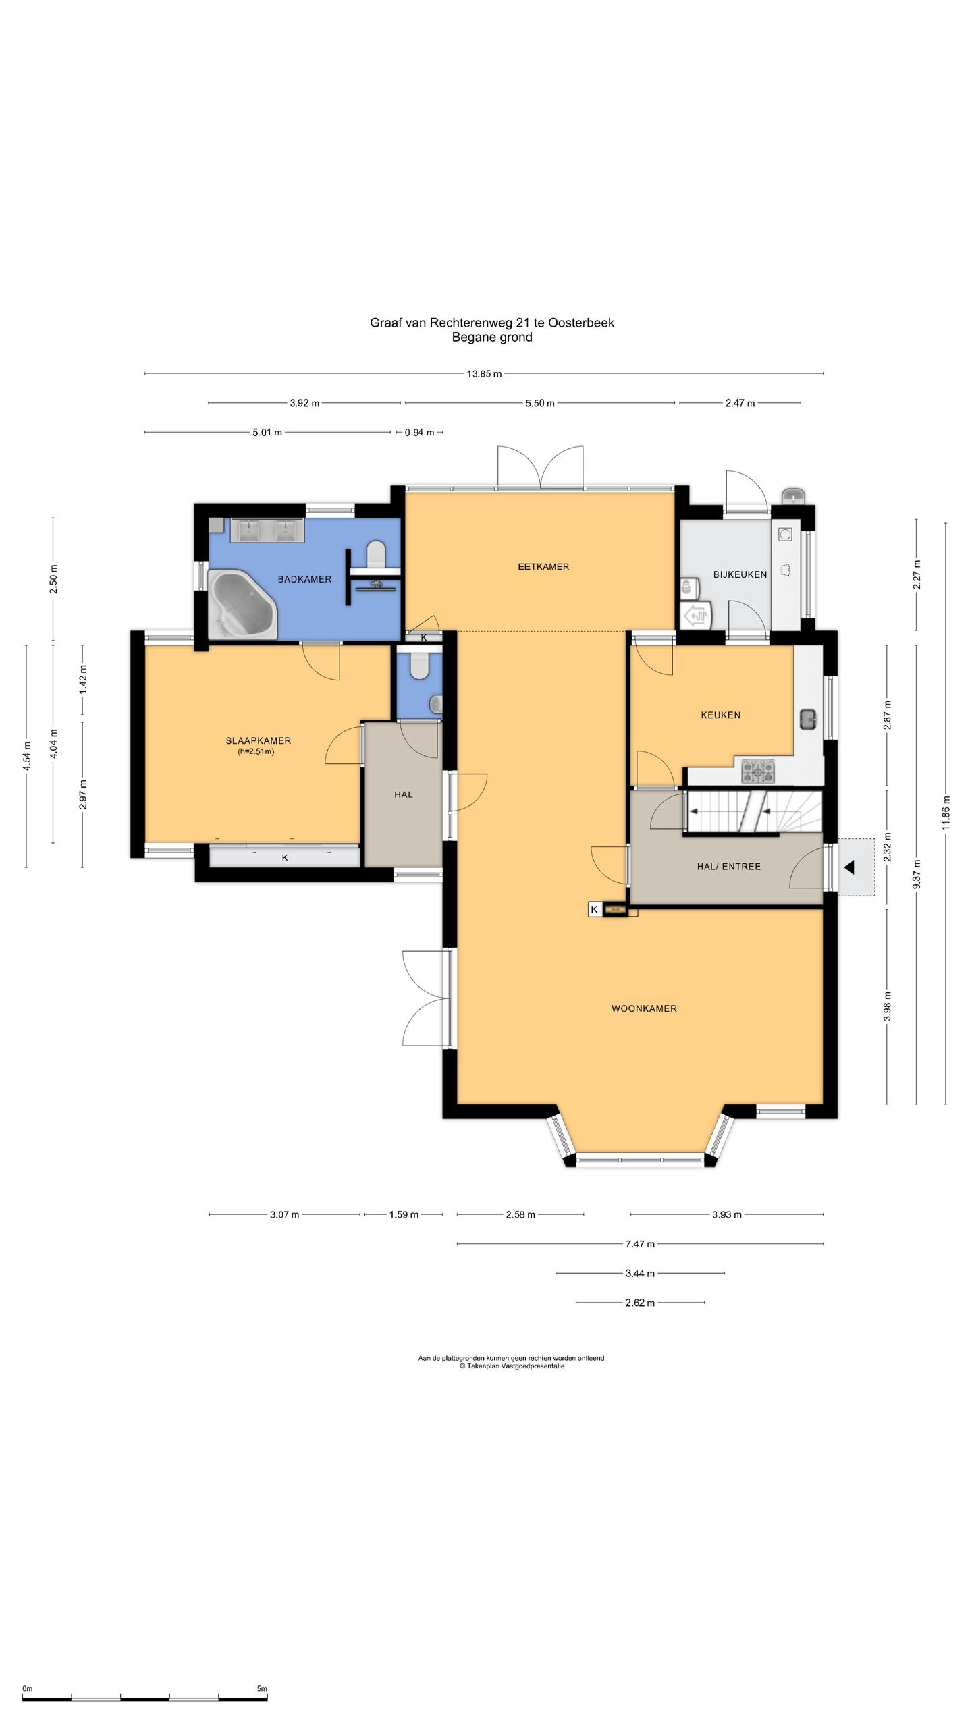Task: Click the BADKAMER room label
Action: (x=304, y=579)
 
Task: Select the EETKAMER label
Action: (x=543, y=566)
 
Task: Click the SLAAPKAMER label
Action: (x=259, y=740)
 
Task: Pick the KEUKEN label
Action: (x=720, y=715)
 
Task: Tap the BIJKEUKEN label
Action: (x=740, y=574)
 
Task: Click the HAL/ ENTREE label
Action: (x=729, y=867)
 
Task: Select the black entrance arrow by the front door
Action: (x=849, y=867)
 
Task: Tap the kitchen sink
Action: (x=809, y=720)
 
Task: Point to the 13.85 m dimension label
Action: (x=484, y=373)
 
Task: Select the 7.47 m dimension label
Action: (x=640, y=1243)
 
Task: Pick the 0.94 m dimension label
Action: (x=419, y=432)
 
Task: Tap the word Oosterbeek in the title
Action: (x=581, y=323)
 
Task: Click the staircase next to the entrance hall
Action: (x=755, y=812)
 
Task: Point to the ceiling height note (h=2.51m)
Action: (x=255, y=751)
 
